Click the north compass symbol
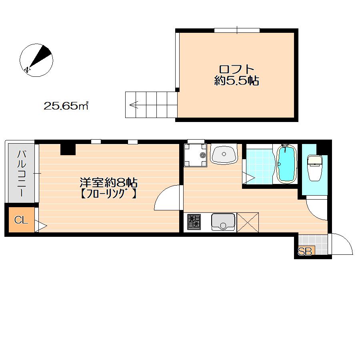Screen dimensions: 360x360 [36, 60]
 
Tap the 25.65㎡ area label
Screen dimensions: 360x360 [66, 106]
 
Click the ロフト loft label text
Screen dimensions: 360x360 [237, 69]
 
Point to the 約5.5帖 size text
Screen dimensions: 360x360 [236, 81]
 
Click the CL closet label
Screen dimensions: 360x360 [21, 220]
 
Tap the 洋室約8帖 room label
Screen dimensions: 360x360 [108, 183]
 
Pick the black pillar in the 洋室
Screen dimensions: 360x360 [68, 149]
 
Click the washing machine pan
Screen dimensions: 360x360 [195, 155]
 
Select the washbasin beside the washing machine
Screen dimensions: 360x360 [224, 154]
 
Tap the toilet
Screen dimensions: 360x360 [315, 168]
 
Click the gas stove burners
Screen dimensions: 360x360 [194, 222]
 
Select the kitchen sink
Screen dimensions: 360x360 [223, 222]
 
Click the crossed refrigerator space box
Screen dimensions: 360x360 [248, 222]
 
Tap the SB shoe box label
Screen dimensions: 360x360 [305, 252]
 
